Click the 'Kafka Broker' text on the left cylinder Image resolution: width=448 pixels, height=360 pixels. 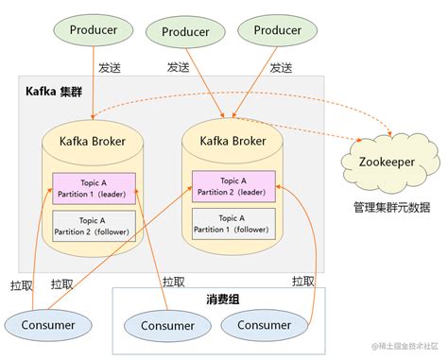tap(93, 142)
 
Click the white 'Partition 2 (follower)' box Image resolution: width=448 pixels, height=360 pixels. tap(93, 225)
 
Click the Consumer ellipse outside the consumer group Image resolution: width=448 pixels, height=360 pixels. tap(41, 324)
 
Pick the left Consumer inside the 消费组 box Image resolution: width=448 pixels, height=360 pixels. tap(168, 326)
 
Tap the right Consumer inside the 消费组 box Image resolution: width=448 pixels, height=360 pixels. tap(264, 325)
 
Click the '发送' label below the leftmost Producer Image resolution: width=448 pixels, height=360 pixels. tap(109, 68)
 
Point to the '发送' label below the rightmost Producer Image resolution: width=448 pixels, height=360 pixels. tap(281, 68)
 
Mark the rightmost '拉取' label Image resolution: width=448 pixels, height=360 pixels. tap(303, 281)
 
